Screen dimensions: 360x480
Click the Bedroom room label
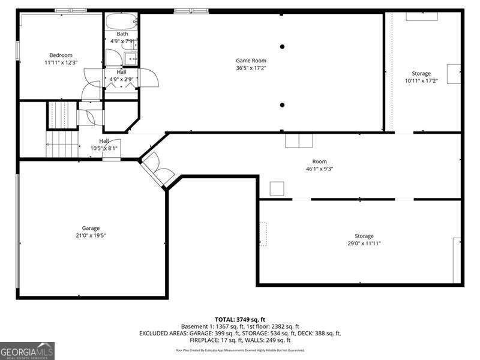[x=61, y=55]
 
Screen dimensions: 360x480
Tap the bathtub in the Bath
[x=122, y=23]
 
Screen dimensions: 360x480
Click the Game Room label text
[x=251, y=61]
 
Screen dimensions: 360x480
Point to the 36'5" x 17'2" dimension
[x=251, y=68]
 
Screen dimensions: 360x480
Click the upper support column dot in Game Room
[x=282, y=46]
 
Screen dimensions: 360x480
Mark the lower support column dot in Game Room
[x=282, y=105]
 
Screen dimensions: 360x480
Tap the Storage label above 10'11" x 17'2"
[x=421, y=73]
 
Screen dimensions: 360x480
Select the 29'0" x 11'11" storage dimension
[x=364, y=243]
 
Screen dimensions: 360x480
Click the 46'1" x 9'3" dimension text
[x=319, y=169]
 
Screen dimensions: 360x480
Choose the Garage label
[x=91, y=228]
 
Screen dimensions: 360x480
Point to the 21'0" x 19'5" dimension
[x=91, y=235]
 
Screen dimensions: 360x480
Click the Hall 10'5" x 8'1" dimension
[x=104, y=148]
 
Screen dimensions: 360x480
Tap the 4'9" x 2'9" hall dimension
[x=121, y=79]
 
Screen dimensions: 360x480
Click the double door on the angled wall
[x=157, y=169]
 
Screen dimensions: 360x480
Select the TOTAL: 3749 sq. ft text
[x=240, y=319]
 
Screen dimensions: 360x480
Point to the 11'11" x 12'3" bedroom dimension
[x=61, y=62]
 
